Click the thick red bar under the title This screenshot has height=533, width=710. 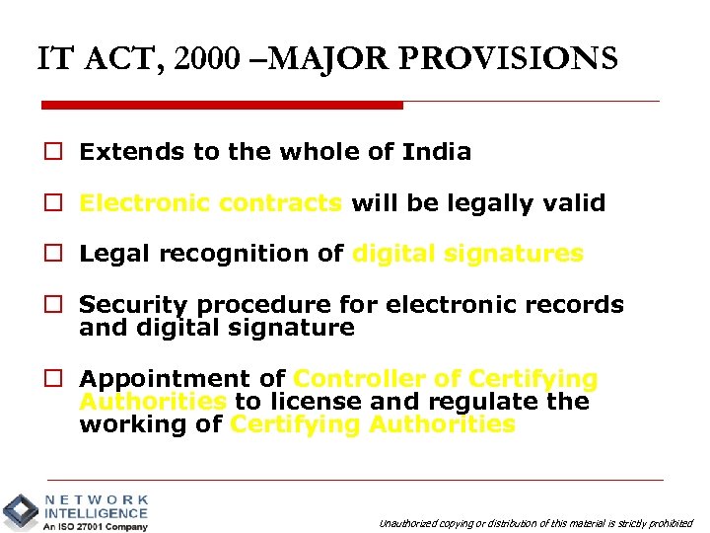coord(222,105)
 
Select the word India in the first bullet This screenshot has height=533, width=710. coord(437,152)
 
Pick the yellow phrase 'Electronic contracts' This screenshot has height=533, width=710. coord(211,203)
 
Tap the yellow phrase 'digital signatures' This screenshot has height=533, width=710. coord(468,254)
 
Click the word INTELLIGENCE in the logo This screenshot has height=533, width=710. coord(96,513)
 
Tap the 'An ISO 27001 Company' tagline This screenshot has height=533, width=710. coord(95,526)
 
